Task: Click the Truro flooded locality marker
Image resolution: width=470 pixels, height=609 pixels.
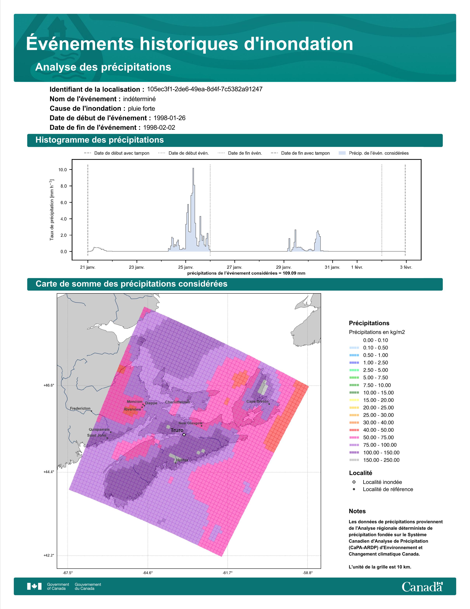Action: click(x=184, y=434)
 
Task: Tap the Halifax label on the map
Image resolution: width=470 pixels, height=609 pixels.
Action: click(x=182, y=460)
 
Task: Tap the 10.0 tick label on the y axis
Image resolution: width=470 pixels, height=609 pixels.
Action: click(x=63, y=170)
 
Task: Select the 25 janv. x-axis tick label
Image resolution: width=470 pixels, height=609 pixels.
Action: click(x=186, y=267)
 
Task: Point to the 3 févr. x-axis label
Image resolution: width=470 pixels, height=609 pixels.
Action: click(x=406, y=267)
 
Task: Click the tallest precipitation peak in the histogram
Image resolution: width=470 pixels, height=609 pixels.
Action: click(x=193, y=169)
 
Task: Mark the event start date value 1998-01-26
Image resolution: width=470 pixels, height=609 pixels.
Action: click(x=170, y=118)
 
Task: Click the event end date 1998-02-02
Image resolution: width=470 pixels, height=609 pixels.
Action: click(x=159, y=128)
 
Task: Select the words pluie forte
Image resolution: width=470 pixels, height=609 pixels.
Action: click(x=141, y=109)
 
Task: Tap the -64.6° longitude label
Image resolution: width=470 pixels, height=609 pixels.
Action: click(x=148, y=573)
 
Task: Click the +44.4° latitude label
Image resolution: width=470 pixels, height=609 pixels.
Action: click(x=49, y=472)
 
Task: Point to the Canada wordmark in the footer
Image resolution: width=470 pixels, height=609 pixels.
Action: click(x=422, y=587)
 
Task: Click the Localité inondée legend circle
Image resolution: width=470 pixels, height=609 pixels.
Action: click(x=354, y=482)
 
